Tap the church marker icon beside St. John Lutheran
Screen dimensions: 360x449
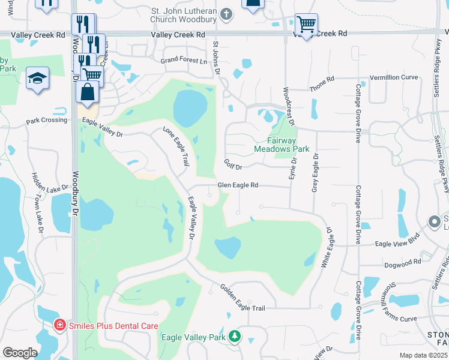coord(226,13)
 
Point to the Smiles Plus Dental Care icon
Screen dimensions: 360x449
coord(60,326)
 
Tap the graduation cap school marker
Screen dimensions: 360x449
coord(37,78)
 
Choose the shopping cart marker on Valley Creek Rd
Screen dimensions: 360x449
coord(306,25)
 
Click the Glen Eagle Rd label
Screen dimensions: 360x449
coord(238,185)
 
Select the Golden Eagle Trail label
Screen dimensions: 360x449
coord(242,298)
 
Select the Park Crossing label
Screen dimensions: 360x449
coord(46,121)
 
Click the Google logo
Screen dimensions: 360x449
coord(19,353)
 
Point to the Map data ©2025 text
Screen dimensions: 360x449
coord(423,355)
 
